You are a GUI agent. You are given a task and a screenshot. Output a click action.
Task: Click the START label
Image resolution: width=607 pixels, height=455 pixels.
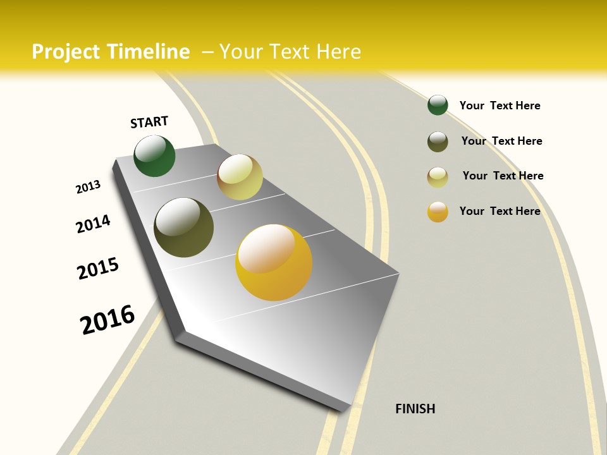coord(149,122)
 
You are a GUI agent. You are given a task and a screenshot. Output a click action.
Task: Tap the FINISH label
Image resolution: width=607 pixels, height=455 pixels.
coord(415,409)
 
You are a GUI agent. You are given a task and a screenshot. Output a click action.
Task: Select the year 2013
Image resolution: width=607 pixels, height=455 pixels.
coord(88,187)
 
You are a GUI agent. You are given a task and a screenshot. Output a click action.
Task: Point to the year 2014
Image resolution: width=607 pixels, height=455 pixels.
coord(93,224)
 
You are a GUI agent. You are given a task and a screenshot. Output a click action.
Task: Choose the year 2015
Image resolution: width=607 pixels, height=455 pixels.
coord(98,269)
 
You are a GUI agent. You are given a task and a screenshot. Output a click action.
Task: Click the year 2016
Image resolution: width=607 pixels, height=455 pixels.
coord(107,320)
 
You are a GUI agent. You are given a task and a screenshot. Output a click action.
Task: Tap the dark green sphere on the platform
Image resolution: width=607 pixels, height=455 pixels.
coord(154,155)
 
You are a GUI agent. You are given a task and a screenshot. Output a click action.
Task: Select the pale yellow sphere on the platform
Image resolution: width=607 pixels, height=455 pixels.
coord(240,177)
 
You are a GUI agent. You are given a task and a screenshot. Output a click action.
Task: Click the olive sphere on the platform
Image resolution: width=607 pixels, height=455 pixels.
coord(183,227)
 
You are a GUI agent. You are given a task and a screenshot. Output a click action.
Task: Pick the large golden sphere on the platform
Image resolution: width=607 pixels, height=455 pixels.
coord(274,262)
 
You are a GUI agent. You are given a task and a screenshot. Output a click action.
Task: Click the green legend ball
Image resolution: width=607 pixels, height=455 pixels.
coord(438,105)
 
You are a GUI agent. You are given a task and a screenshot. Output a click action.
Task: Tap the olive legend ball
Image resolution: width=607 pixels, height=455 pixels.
coord(438,142)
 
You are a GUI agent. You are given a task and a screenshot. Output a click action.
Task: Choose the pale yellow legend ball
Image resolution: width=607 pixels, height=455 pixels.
coord(438,177)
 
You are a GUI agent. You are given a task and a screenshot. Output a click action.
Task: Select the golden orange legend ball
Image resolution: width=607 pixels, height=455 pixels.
coord(438,212)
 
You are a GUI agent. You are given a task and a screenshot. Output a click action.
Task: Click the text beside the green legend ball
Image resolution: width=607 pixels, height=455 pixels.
coord(500,106)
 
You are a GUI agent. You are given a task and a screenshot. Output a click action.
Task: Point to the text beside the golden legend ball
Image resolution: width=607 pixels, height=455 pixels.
coord(500,211)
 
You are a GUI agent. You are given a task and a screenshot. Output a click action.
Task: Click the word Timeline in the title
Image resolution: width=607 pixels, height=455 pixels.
coord(149,52)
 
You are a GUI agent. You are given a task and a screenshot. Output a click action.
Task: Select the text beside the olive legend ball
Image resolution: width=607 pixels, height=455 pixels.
coord(501,141)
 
